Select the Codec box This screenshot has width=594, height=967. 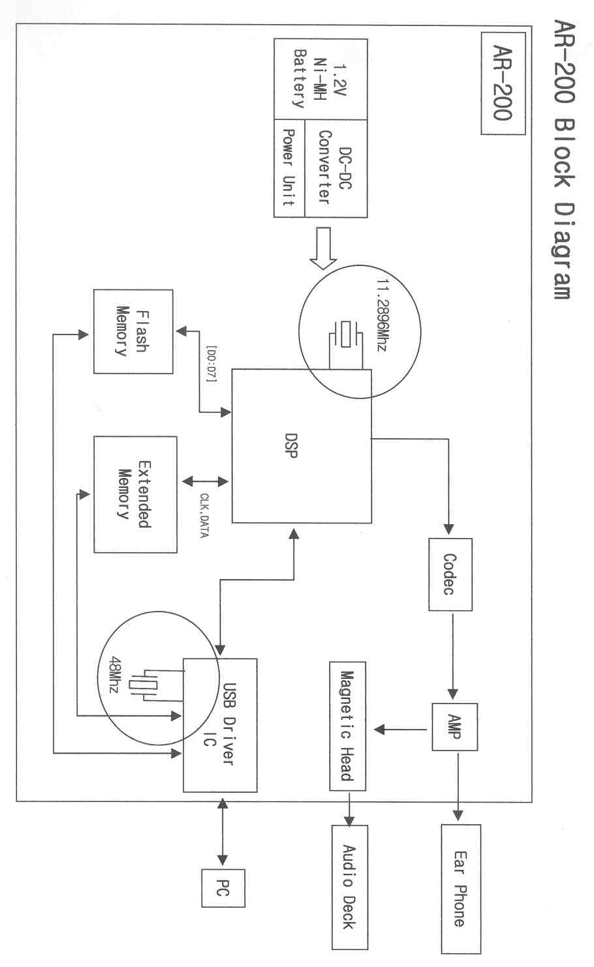[450, 574]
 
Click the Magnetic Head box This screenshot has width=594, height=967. [347, 726]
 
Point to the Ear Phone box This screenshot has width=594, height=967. [460, 888]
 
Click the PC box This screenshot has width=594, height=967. [223, 888]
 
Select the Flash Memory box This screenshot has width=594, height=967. [133, 331]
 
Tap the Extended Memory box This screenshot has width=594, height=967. [135, 494]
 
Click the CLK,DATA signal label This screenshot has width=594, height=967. [204, 515]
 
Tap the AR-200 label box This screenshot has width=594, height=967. [503, 83]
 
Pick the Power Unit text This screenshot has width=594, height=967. [289, 168]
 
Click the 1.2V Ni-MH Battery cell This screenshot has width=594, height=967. [320, 78]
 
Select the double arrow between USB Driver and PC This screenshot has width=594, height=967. [223, 831]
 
